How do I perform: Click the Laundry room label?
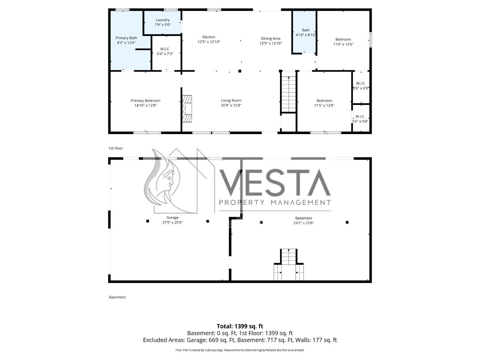coord(163,20)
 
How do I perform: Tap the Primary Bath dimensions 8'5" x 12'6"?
coord(126,43)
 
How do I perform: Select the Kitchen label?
coord(208,37)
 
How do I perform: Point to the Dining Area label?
coord(271,38)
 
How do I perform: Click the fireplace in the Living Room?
coord(187,109)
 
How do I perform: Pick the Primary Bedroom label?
coord(145,100)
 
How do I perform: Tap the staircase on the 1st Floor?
coord(288,94)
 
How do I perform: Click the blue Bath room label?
coord(306,30)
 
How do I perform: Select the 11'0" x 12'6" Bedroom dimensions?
coord(343,44)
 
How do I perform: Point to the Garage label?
coord(172,217)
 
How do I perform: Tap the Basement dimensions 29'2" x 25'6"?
coord(304,223)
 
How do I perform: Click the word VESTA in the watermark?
coord(275,183)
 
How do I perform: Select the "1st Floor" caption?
coord(116,148)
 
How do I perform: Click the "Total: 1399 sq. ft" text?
coord(240,326)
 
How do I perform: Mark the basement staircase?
coord(289,265)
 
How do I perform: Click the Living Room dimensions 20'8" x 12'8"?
coord(231,105)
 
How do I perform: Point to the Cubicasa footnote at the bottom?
coord(240,350)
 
